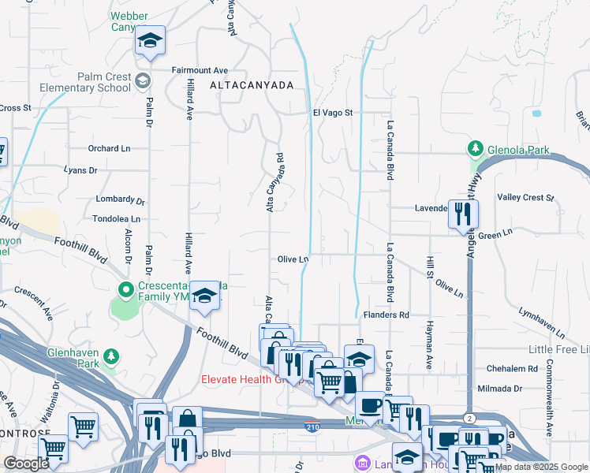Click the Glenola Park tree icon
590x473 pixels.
coord(476,148)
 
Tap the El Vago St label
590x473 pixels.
coord(331,114)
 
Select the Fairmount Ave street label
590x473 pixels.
coord(200,69)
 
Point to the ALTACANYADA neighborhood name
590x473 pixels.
coord(252,84)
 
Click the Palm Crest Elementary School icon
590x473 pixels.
coord(143,80)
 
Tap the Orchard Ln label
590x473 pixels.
coord(109,148)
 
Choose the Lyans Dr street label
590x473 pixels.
coord(81,169)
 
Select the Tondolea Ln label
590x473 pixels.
coord(116,218)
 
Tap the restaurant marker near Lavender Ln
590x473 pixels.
coord(463,214)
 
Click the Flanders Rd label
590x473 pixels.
coord(386,315)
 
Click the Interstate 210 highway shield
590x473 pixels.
coord(312,426)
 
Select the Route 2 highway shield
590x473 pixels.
coord(469,418)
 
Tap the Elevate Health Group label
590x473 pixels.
coord(252,378)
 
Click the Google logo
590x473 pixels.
coord(26,464)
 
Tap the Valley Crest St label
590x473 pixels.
coord(526,197)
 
